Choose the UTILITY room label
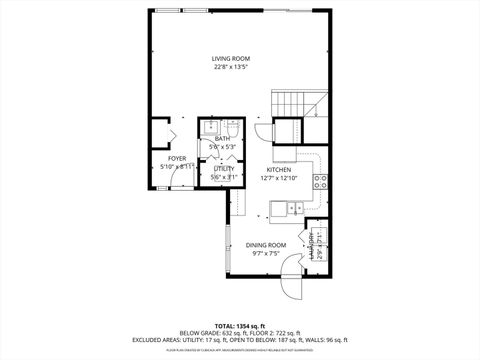pyautogui.click(x=223, y=169)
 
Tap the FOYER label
pyautogui.click(x=177, y=158)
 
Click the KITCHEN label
pyautogui.click(x=278, y=169)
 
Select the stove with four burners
pyautogui.click(x=322, y=181)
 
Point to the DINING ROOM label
pyautogui.click(x=266, y=245)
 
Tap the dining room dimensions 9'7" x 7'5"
pyautogui.click(x=266, y=254)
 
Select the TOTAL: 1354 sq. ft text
pyautogui.click(x=239, y=324)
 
